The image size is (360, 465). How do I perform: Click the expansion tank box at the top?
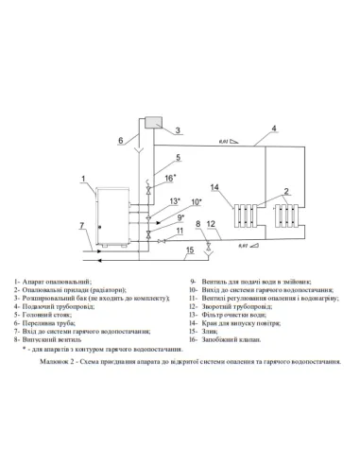(x=154, y=123)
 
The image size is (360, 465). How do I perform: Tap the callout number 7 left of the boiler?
(x=82, y=227)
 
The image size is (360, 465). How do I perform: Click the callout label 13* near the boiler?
(x=174, y=201)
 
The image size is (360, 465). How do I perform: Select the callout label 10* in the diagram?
(x=196, y=201)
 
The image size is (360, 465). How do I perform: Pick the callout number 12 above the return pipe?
(x=211, y=225)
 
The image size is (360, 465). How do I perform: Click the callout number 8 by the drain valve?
(x=197, y=224)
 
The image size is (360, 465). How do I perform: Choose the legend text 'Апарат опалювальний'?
(x=56, y=283)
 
